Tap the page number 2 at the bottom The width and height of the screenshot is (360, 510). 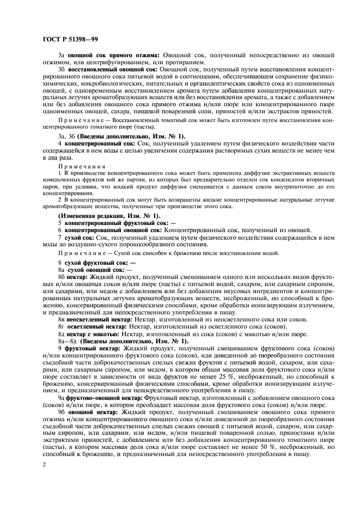(x=44, y=464)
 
